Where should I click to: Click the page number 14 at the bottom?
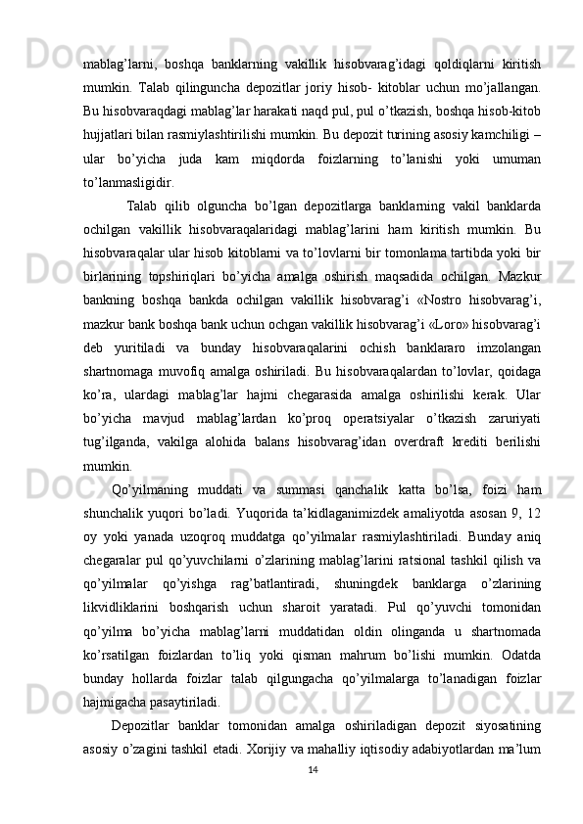point(312,769)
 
